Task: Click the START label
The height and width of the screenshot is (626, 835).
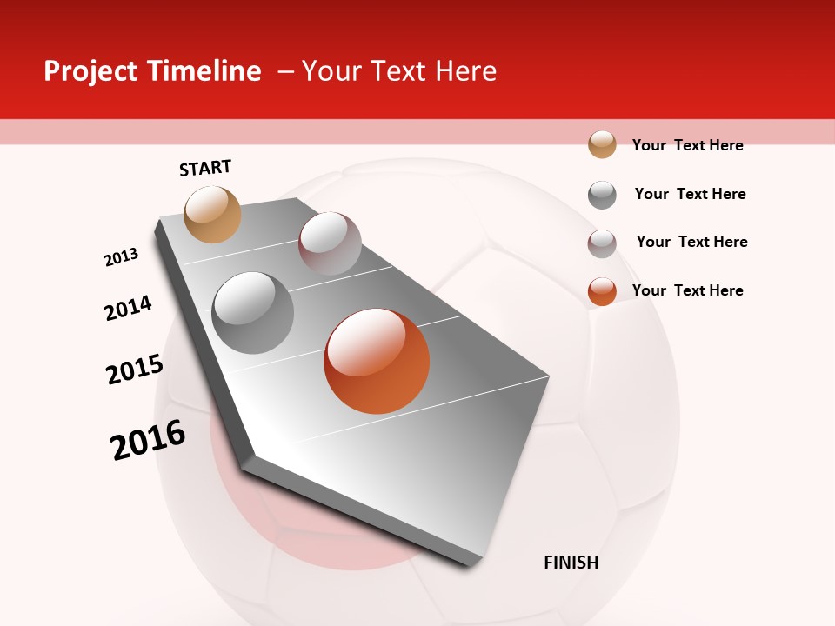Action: point(205,168)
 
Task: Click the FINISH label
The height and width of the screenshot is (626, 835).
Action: point(571,563)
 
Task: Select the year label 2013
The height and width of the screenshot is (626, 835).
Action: point(122,257)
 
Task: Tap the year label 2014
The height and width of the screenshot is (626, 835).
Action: point(129,309)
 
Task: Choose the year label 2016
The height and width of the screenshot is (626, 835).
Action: point(148,440)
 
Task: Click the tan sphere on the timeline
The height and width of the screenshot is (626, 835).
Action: point(213,214)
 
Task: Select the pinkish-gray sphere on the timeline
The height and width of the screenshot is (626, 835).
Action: point(330,243)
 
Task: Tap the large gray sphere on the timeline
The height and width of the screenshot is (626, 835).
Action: point(253,312)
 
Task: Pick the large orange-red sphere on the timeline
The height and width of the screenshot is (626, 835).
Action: point(377,361)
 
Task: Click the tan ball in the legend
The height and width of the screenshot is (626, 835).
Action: point(602,144)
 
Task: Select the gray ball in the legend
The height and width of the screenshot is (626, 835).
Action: point(602,195)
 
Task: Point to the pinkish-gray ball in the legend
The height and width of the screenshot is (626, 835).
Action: point(602,243)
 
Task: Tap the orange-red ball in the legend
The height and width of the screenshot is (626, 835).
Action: point(602,291)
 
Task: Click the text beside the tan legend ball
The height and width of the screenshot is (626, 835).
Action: point(687,145)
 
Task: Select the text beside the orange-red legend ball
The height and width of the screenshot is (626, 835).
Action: point(687,290)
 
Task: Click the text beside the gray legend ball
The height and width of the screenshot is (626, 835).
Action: point(690,194)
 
